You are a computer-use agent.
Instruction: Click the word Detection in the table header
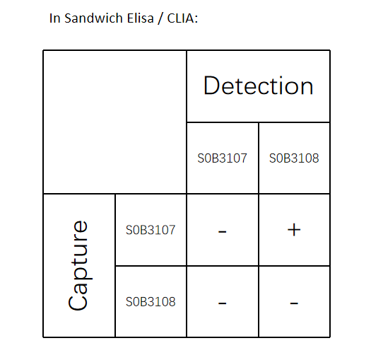click(x=258, y=86)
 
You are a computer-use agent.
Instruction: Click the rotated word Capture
click(x=78, y=265)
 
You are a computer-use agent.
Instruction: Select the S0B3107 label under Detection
click(x=223, y=158)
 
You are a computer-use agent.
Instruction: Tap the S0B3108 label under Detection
click(x=294, y=158)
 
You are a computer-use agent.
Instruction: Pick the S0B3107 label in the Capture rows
click(x=151, y=230)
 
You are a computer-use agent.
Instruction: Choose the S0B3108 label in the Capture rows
click(x=151, y=301)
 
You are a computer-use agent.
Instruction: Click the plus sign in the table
click(x=294, y=230)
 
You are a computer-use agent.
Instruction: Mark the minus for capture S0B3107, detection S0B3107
click(x=223, y=231)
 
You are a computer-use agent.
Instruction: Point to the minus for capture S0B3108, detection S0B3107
click(x=223, y=303)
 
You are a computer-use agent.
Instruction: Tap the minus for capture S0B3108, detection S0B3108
click(x=294, y=303)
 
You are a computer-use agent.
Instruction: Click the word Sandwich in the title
click(x=93, y=18)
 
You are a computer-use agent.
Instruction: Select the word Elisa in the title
click(x=140, y=18)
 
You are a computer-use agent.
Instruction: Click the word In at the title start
click(x=54, y=18)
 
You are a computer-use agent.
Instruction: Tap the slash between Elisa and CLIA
click(x=160, y=18)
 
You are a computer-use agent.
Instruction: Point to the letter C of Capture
click(x=78, y=302)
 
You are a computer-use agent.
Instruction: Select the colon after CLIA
click(x=196, y=20)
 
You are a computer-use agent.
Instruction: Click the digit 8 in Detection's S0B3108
click(x=316, y=158)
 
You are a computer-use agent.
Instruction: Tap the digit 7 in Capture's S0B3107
click(x=172, y=230)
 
